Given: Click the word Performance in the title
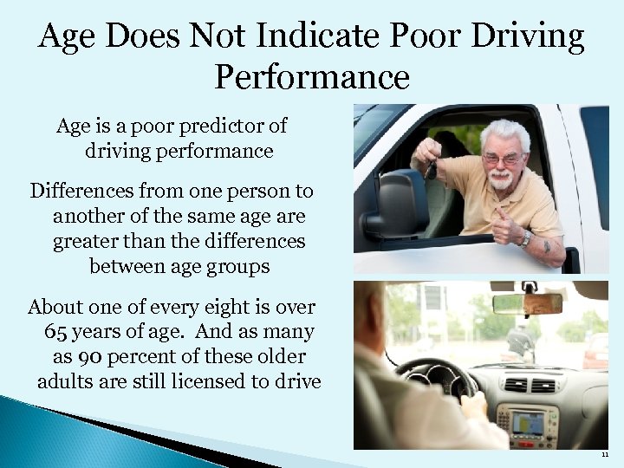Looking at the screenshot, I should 311,77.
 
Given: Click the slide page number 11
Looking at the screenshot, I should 603,453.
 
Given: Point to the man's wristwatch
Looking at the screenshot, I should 525,237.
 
